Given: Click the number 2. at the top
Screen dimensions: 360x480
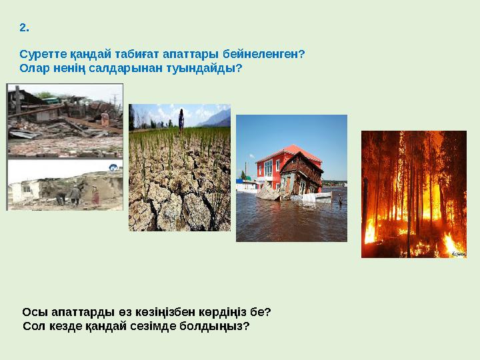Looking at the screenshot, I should pyautogui.click(x=24, y=28).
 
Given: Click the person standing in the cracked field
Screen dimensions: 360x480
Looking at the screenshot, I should pyautogui.click(x=181, y=118).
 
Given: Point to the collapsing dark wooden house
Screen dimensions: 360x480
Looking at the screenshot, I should pyautogui.click(x=300, y=175).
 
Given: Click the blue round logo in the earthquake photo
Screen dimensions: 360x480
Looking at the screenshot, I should pyautogui.click(x=113, y=168).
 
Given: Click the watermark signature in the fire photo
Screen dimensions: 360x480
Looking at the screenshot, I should pyautogui.click(x=455, y=253).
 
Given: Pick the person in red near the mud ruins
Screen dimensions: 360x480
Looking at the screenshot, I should pyautogui.click(x=94, y=195).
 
